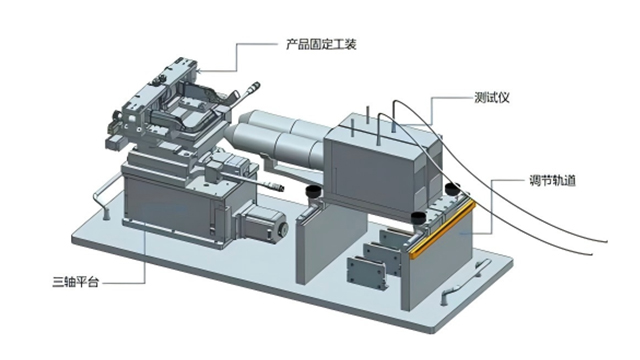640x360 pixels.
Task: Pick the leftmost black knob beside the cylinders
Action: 313,189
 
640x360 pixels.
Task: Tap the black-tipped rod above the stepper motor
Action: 277,186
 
